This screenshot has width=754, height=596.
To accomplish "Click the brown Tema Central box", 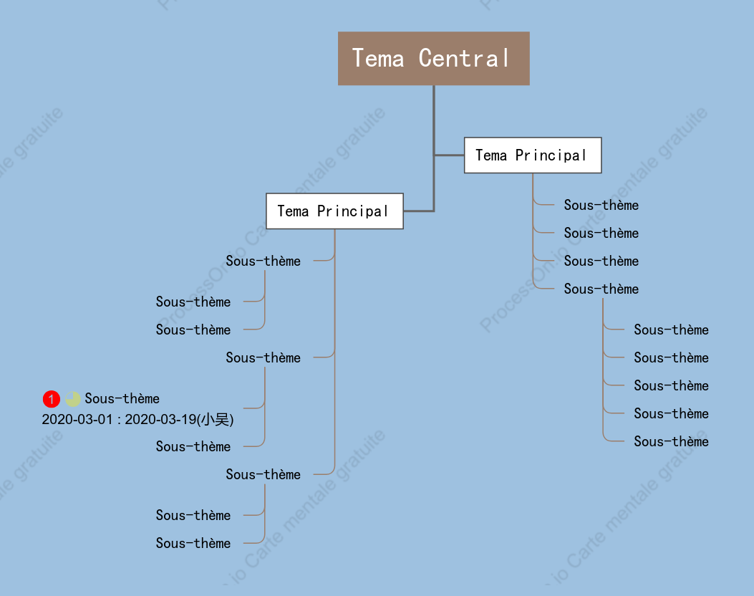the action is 434,59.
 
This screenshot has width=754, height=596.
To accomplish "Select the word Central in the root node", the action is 463,58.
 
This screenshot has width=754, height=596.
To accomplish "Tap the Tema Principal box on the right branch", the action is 533,155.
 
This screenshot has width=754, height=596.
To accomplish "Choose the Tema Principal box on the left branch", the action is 334,211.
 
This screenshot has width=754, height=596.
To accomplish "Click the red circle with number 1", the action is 52,399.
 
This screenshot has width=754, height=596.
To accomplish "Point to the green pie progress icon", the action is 72,399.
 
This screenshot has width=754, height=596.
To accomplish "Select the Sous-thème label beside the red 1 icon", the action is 122,398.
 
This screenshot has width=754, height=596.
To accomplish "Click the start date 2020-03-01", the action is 77,420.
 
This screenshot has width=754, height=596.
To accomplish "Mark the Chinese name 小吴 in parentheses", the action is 215,420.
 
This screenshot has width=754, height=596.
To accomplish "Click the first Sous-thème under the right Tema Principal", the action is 601,205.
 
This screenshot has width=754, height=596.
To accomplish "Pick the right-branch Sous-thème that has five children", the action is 601,289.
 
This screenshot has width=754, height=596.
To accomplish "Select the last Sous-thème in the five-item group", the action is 671,441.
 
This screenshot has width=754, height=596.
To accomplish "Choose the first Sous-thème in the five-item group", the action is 671,330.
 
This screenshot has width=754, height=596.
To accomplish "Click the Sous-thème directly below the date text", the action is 193,446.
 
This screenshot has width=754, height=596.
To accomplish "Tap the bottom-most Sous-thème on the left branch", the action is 193,543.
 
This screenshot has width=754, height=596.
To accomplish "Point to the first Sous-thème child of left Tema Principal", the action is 263,261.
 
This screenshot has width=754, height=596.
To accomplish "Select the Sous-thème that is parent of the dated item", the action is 263,357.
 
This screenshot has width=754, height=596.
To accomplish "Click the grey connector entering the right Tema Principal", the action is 449,155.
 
